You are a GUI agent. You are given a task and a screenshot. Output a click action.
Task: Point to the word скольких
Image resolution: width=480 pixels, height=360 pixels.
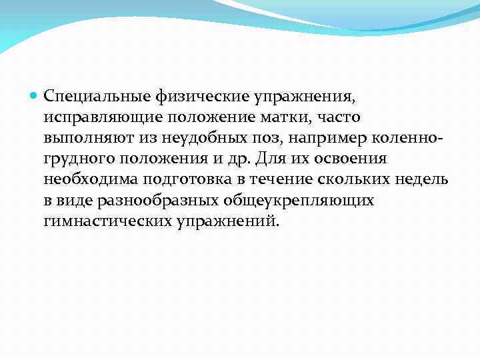(353, 179)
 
